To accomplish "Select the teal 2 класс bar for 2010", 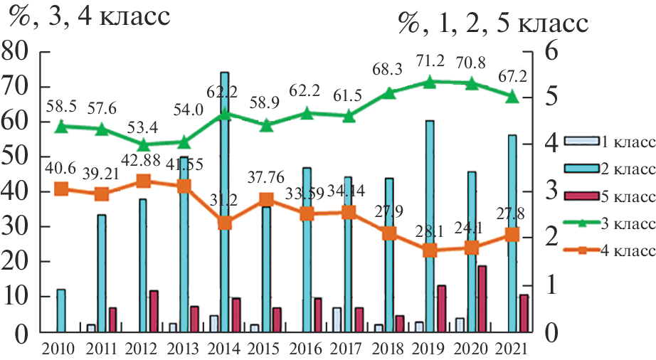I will coord(60,310).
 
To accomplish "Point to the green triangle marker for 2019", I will coord(429,82).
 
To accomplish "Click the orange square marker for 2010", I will coord(61,189).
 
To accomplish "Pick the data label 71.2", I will coord(429,60).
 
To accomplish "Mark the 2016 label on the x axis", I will coord(306,349).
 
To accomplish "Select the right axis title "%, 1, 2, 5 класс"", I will coord(493,23).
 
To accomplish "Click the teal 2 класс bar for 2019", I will coord(429,226).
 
